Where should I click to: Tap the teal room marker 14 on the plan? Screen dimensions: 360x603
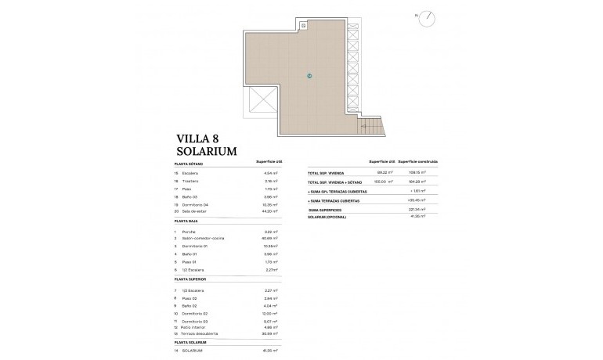coord(310,76)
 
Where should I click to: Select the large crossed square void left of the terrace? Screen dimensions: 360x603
coord(260,102)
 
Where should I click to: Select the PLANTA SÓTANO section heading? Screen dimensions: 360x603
coord(190,163)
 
